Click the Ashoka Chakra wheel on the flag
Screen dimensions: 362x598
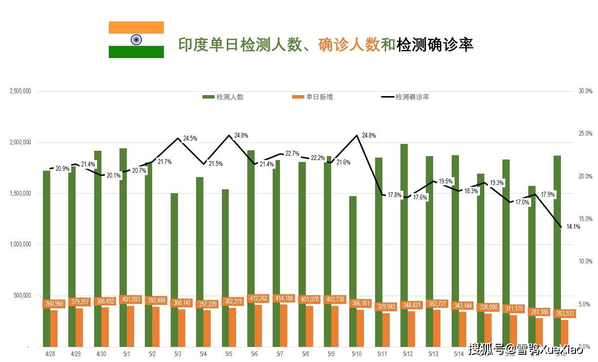pyautogui.click(x=136, y=40)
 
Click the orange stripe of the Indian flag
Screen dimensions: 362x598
pyautogui.click(x=136, y=27)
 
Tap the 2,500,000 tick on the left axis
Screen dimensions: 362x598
pyautogui.click(x=20, y=91)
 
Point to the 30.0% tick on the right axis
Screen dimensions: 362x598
pyautogui.click(x=585, y=91)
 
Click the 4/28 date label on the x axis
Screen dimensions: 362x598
pyautogui.click(x=50, y=354)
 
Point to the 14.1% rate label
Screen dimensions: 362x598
pyautogui.click(x=574, y=226)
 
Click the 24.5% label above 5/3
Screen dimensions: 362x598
pyautogui.click(x=190, y=139)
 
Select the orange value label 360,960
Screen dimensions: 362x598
pyautogui.click(x=54, y=303)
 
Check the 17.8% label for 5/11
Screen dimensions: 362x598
pyautogui.click(x=395, y=195)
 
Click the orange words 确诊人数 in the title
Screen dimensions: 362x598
pyautogui.click(x=348, y=45)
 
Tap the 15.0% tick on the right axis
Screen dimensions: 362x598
pyautogui.click(x=585, y=219)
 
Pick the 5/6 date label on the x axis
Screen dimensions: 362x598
pyautogui.click(x=254, y=354)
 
